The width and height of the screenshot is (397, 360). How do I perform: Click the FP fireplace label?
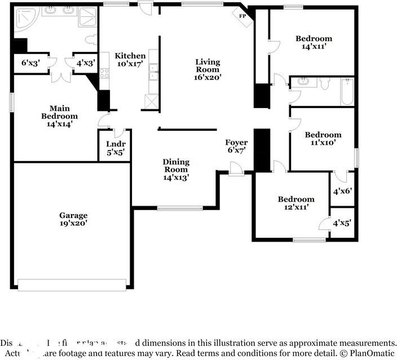coord(243,16)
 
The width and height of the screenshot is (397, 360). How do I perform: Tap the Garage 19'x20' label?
coord(73,219)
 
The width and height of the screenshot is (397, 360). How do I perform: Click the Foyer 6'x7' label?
coord(237,146)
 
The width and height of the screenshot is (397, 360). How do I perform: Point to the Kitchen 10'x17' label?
coord(130,60)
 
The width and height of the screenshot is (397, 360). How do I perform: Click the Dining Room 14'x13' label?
coord(176,170)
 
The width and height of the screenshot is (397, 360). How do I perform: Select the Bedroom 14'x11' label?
coord(314,43)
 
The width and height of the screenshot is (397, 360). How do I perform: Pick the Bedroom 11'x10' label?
coord(323,139)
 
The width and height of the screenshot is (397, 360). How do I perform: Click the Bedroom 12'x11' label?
coord(296,203)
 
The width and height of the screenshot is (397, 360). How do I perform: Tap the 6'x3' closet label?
coord(31,63)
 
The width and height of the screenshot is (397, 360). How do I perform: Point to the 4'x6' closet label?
coord(342,192)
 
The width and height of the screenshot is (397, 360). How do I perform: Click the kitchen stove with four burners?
coord(104,73)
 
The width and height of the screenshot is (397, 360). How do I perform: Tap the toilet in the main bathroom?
coord(91,40)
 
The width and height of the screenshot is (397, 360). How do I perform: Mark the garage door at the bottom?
coord(72,284)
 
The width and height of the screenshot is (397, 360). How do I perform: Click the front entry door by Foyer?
coord(236,169)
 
